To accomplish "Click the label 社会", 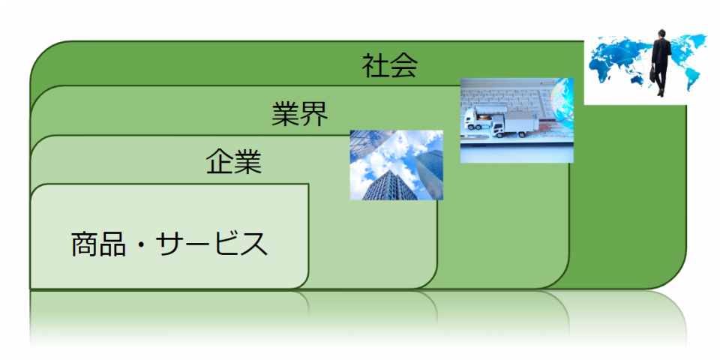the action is click(x=389, y=66).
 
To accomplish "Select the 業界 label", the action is click(x=299, y=114).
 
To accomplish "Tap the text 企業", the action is click(x=234, y=162).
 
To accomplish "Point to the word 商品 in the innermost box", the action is click(x=98, y=244).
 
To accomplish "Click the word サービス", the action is click(x=211, y=244).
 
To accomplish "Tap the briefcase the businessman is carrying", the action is click(x=652, y=73).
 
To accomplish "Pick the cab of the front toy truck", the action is click(x=498, y=126).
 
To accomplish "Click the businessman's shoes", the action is click(x=661, y=92).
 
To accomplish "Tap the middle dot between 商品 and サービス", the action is click(x=140, y=244).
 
